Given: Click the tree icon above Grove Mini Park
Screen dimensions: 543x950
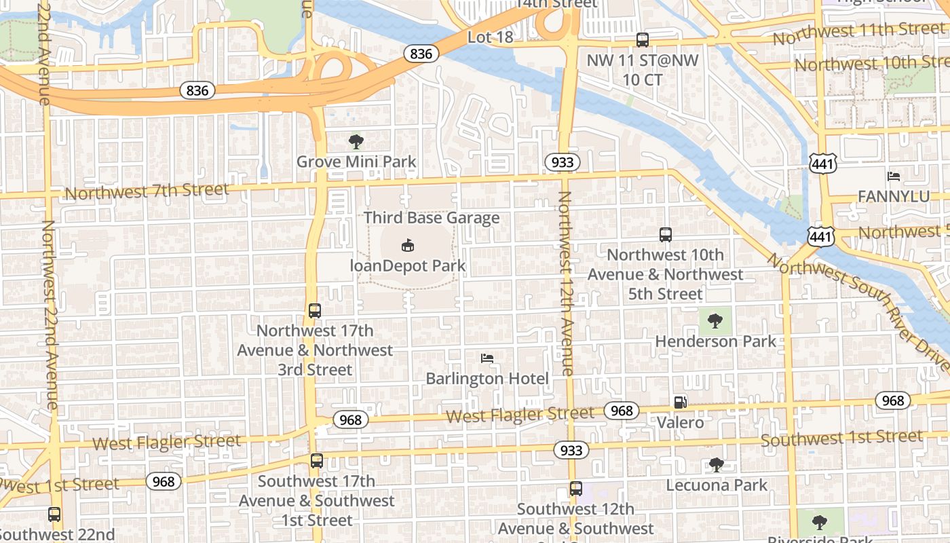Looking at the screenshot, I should pos(356,142).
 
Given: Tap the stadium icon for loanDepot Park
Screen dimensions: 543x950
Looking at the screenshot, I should pos(408,245).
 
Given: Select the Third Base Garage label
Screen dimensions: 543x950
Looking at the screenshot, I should pos(432,218).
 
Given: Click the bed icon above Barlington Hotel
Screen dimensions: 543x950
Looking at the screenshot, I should pos(487,358).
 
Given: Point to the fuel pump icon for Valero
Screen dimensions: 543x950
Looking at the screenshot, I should pos(680,402).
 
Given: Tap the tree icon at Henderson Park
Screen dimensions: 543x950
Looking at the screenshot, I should pos(715,321).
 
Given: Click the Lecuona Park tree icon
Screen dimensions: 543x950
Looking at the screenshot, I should pos(716,465).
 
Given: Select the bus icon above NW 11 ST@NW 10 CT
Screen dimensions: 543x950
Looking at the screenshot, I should pos(642,40).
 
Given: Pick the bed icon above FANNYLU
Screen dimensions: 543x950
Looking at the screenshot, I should pos(894,176).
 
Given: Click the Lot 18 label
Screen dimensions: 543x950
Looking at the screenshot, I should pos(490,37).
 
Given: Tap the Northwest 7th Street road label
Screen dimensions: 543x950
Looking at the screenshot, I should pos(147,191).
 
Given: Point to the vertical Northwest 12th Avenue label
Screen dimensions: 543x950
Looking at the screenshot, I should pos(565,283).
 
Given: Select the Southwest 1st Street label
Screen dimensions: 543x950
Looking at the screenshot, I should pos(841,438).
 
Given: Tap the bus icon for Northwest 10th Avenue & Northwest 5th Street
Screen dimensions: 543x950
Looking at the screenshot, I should pos(665,235).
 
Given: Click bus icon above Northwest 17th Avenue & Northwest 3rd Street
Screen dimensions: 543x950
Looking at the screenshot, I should pos(315,311).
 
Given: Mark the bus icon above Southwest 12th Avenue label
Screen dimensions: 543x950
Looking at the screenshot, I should pos(575,489).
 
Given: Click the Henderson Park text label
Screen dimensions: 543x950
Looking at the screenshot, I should pos(715,341).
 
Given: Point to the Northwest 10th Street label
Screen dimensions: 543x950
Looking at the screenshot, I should pos(872,63).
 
